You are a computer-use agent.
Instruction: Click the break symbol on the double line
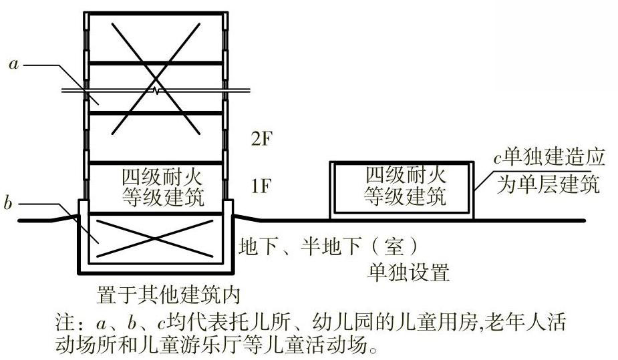click(156, 89)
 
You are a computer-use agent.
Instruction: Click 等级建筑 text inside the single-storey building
click(405, 196)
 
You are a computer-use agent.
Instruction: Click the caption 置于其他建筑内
click(168, 294)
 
